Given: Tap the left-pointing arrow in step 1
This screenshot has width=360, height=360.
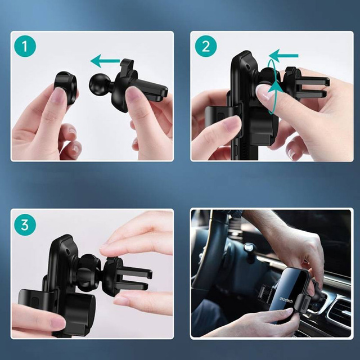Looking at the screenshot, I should (105, 60).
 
